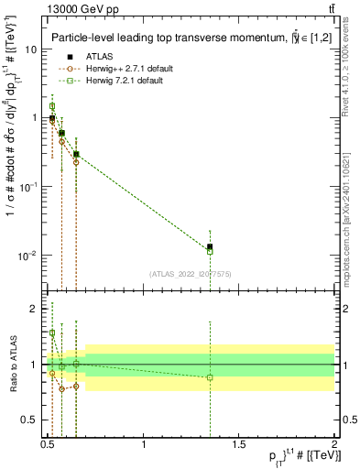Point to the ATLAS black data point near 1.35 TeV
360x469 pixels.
pyautogui.click(x=210, y=246)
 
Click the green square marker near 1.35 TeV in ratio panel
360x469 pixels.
pyautogui.click(x=210, y=377)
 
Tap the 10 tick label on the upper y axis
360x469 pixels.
pyautogui.click(x=29, y=49)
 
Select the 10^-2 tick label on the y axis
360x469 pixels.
pyautogui.click(x=28, y=255)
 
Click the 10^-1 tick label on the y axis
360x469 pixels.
pyautogui.click(x=28, y=187)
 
